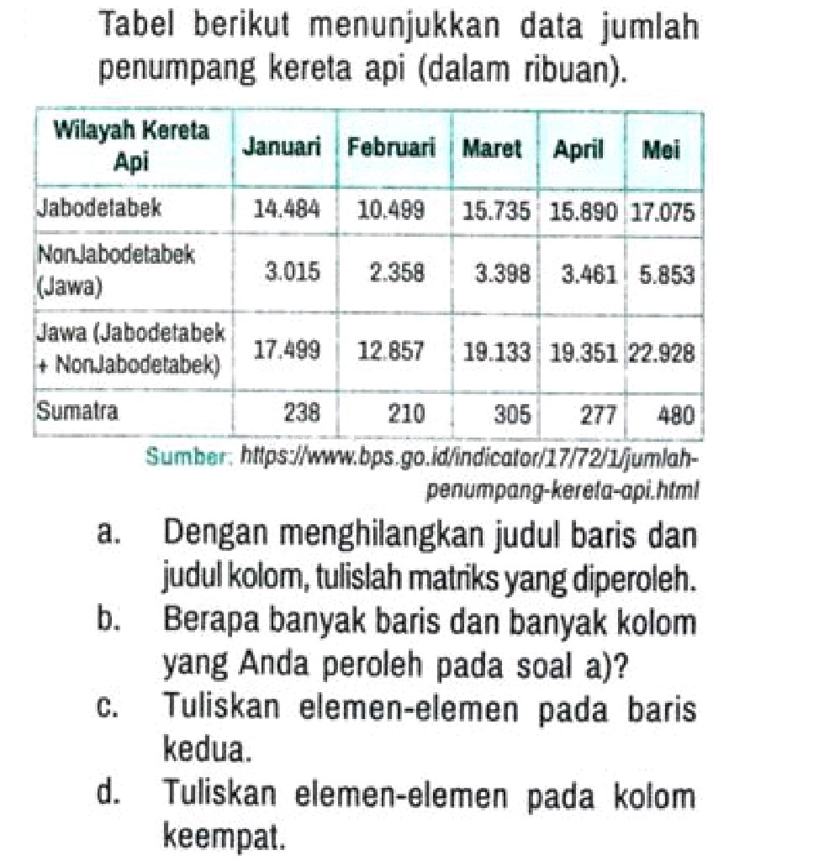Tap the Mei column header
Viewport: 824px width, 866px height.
661,150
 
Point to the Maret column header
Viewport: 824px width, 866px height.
492,150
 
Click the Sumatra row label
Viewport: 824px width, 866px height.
77,412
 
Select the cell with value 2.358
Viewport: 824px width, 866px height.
394,273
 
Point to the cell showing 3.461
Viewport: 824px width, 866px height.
589,274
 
